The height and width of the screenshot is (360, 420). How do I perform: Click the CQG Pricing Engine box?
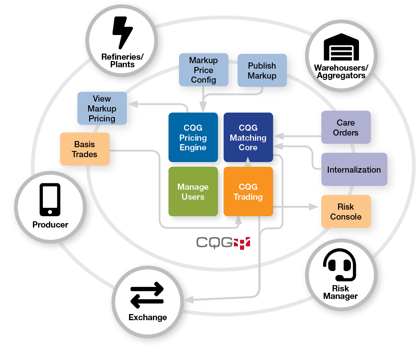pyautogui.click(x=193, y=137)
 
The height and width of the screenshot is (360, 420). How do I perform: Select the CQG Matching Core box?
pyautogui.click(x=248, y=137)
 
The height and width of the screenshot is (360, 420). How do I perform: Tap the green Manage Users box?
pyautogui.click(x=193, y=191)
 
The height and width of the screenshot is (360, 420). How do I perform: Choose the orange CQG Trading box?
pyautogui.click(x=248, y=191)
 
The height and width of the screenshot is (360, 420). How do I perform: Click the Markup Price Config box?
pyautogui.click(x=203, y=70)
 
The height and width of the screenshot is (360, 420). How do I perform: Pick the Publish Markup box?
pyautogui.click(x=262, y=70)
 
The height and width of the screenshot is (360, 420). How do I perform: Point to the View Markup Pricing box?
pyautogui.click(x=102, y=108)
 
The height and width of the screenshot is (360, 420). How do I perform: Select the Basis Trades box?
pyautogui.click(x=85, y=149)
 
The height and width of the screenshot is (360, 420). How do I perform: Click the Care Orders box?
pyautogui.click(x=346, y=127)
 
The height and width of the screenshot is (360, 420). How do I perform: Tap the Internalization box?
pyautogui.click(x=354, y=170)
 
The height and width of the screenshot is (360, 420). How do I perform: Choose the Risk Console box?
pyautogui.click(x=346, y=211)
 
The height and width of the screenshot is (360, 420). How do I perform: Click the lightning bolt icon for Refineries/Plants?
pyautogui.click(x=122, y=33)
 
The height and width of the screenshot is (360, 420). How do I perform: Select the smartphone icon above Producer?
pyautogui.click(x=50, y=199)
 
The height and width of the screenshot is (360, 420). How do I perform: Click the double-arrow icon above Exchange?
pyautogui.click(x=147, y=295)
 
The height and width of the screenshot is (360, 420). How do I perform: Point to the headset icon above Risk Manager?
pyautogui.click(x=340, y=265)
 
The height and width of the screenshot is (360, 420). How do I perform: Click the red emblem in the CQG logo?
pyautogui.click(x=242, y=243)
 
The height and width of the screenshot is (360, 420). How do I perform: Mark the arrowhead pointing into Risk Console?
pyautogui.click(x=313, y=207)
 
